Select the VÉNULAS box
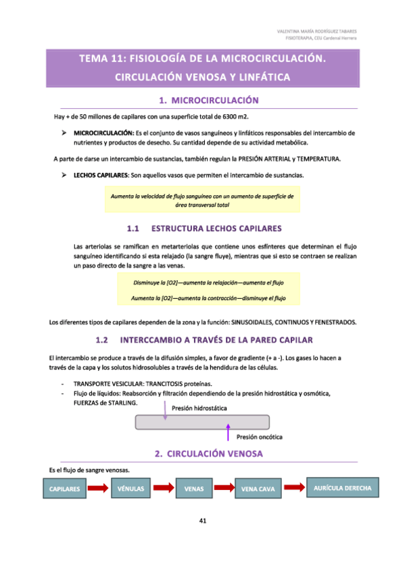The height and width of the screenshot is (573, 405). click(130, 487)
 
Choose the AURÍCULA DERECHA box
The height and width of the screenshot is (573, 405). click(343, 487)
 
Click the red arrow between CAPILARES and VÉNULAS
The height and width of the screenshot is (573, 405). click(97, 488)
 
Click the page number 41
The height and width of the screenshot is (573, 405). click(203, 520)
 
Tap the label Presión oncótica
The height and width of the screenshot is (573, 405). click(260, 437)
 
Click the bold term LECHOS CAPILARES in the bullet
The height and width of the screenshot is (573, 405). click(101, 176)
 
